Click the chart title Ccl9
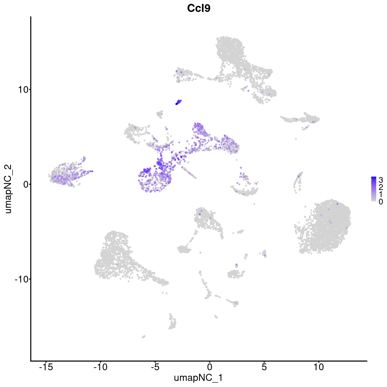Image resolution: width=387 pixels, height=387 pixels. pos(199,9)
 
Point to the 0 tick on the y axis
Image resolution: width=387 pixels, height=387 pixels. pos(25,184)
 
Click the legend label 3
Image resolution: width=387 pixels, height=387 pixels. pos(381,179)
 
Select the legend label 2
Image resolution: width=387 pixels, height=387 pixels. pos(381,187)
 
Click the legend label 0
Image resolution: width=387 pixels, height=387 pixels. pos(381,202)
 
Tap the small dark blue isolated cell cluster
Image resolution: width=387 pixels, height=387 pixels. pos(178,102)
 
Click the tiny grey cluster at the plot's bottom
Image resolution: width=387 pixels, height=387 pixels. pos(144,336)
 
